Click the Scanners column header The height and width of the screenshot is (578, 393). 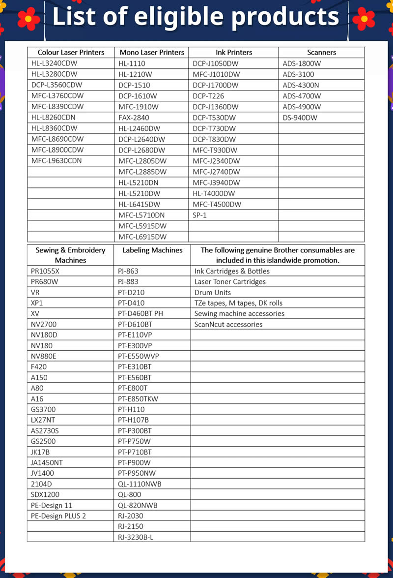[x=321, y=52]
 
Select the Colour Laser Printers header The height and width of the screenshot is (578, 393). [x=71, y=52]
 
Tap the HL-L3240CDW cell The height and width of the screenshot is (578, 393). [x=54, y=63]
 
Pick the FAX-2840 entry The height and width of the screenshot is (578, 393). [x=134, y=118]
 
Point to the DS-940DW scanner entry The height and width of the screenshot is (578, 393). [x=300, y=118]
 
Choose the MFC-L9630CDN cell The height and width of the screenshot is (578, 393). [x=56, y=161]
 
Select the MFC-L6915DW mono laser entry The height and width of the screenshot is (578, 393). [x=142, y=237]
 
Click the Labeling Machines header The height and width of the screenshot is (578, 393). [x=152, y=250]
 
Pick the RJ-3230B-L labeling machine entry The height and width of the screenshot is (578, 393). [x=136, y=537]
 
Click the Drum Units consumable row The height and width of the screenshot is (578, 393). [x=212, y=292]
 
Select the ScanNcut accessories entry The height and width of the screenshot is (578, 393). [x=228, y=324]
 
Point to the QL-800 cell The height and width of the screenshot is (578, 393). [x=129, y=494]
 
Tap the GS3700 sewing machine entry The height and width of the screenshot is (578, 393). [x=43, y=409]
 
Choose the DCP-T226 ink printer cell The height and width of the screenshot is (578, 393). [x=208, y=96]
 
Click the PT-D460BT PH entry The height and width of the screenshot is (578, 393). [x=140, y=313]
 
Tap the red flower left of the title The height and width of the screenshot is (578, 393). [x=28, y=18]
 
